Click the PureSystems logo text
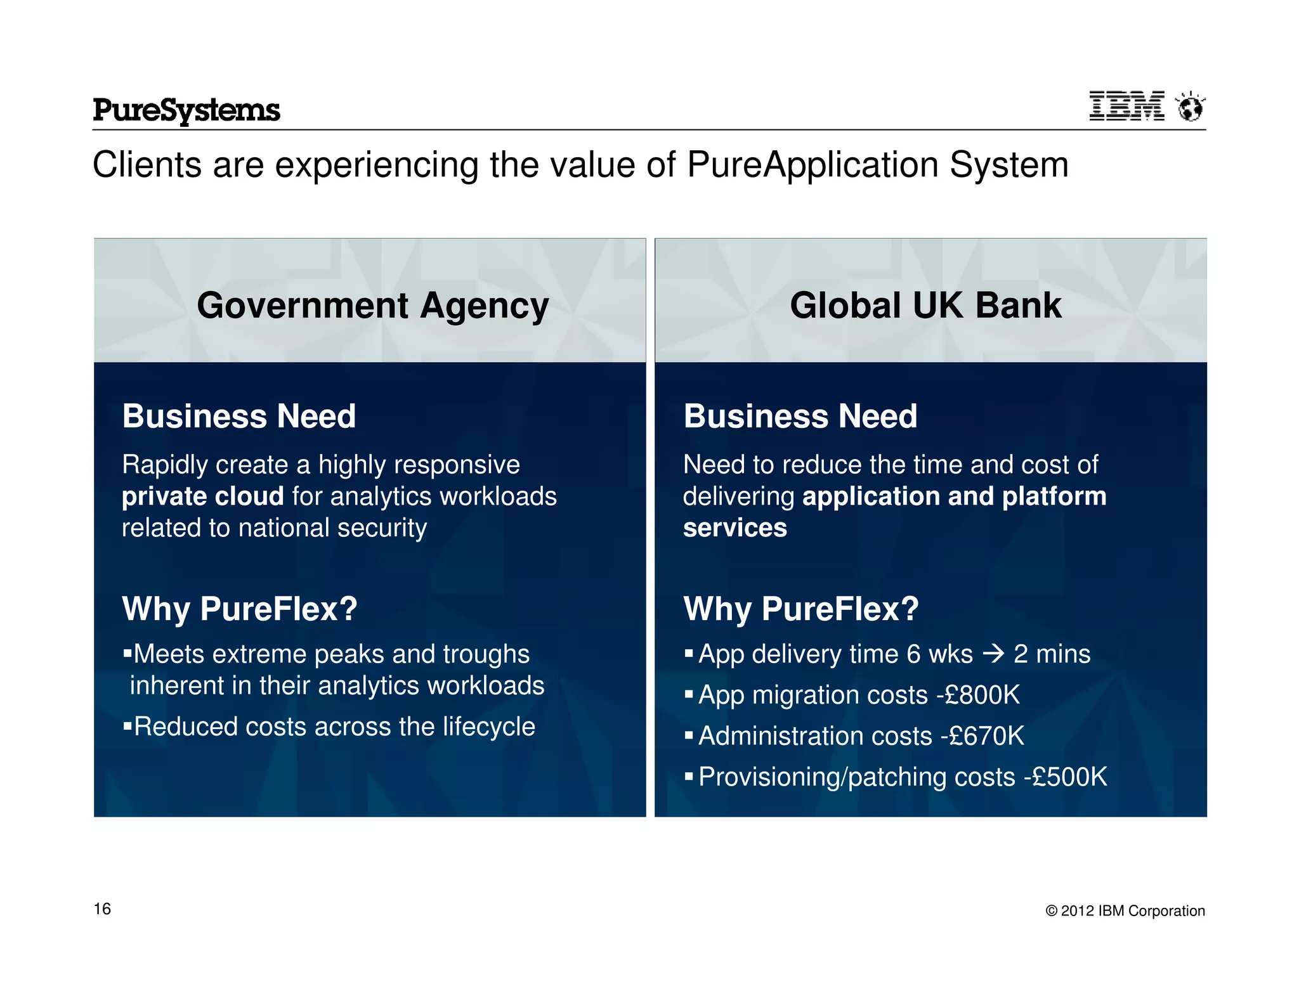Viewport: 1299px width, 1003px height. [x=186, y=110]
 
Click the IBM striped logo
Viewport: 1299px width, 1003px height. [x=1126, y=106]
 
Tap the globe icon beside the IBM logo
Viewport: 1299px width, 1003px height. [x=1190, y=107]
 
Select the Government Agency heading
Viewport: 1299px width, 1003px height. [x=372, y=306]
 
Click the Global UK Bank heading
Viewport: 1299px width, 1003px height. [x=925, y=306]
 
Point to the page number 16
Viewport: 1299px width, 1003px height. [x=102, y=909]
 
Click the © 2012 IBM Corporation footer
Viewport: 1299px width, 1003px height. [x=1125, y=910]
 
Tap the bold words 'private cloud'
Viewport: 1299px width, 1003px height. [x=202, y=496]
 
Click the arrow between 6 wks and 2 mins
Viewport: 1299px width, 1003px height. [x=993, y=654]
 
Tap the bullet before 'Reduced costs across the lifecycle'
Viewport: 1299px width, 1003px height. [x=127, y=725]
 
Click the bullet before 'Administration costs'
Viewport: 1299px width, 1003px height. [x=689, y=735]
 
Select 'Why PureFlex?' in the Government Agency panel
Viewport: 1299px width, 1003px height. [x=240, y=609]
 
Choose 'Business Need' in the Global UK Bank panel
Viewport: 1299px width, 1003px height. [x=800, y=417]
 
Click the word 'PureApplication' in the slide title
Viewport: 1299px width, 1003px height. [x=813, y=165]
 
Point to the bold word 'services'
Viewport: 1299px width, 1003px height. [x=734, y=528]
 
